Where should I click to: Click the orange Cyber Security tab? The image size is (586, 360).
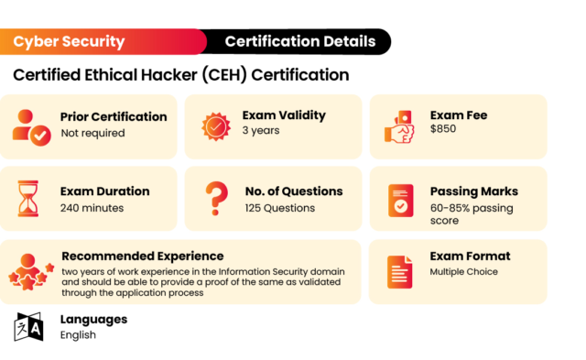click(x=70, y=41)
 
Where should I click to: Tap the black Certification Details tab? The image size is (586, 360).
click(x=299, y=41)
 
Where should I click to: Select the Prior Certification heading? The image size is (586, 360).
click(x=114, y=117)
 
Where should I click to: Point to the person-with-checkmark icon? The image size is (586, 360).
click(x=30, y=125)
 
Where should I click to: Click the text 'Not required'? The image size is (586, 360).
click(x=92, y=134)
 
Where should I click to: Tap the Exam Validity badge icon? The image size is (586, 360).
click(x=216, y=125)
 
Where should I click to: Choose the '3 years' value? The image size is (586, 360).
click(x=261, y=131)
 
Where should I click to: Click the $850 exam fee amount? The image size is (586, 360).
click(x=443, y=129)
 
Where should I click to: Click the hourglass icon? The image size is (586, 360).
click(x=29, y=198)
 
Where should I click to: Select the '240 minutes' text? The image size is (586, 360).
click(x=92, y=208)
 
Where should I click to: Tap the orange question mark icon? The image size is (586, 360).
click(x=215, y=198)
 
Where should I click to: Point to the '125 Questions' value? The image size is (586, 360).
click(x=279, y=208)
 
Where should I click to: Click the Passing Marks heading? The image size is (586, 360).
click(x=473, y=191)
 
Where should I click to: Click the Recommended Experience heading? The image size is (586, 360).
click(x=142, y=256)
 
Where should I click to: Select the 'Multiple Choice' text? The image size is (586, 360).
click(x=464, y=272)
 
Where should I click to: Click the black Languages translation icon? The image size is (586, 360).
click(x=28, y=327)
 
